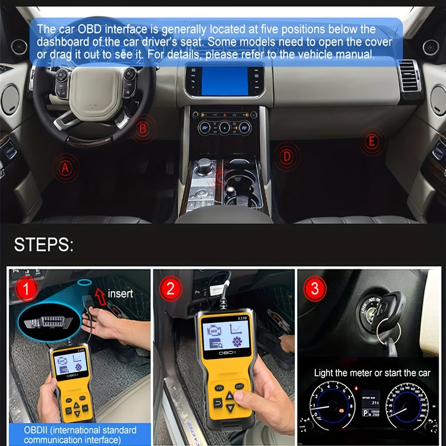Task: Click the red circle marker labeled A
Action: coord(65,168)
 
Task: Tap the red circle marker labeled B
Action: coord(143,129)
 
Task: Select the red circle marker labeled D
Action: coord(287,156)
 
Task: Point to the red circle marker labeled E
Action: coord(371,142)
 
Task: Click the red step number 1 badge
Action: coord(26,289)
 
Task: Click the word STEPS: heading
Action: coord(44,245)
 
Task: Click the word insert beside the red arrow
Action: coord(120,294)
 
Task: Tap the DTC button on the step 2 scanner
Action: coord(239,386)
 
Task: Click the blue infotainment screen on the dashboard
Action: coord(224,81)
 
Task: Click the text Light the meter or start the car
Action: coord(372,373)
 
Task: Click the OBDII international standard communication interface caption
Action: coord(80,435)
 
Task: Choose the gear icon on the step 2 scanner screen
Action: coord(237,342)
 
